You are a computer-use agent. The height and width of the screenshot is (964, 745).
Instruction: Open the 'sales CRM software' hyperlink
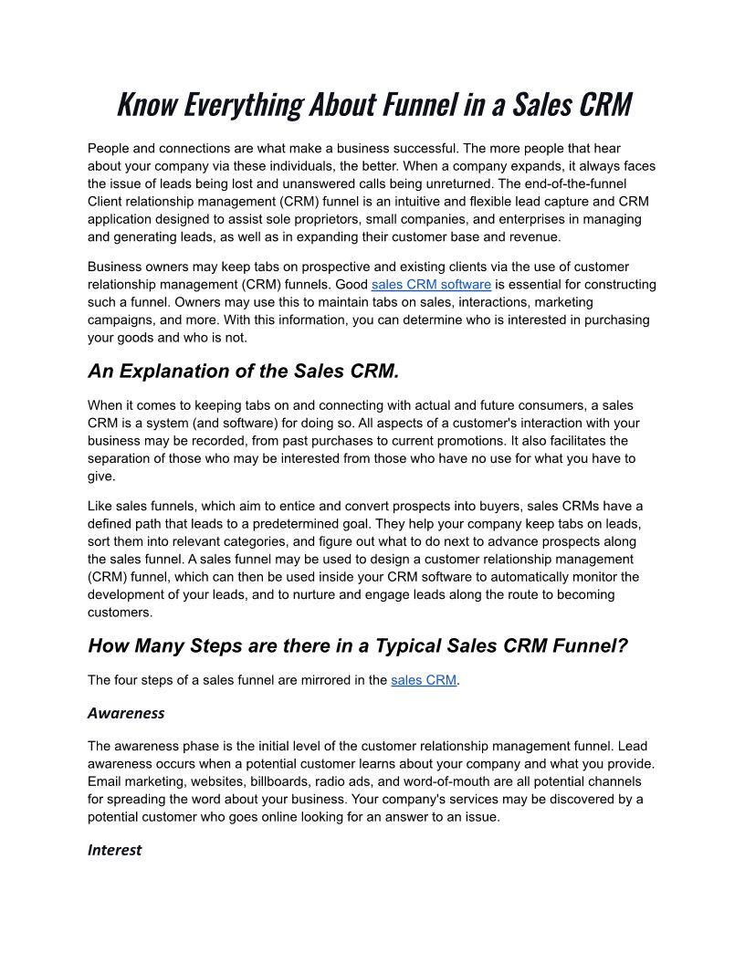pos(431,284)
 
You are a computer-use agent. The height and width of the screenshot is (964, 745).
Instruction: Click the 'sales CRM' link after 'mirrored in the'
pos(424,680)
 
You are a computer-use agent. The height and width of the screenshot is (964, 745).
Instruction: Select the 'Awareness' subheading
pos(126,712)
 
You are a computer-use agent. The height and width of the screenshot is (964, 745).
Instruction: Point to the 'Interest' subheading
pos(114,850)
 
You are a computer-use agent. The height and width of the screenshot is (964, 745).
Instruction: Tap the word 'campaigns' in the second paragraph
pos(118,319)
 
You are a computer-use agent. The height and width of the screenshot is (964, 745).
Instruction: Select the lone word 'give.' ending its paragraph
pos(102,476)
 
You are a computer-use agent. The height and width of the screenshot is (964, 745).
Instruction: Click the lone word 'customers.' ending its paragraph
pos(120,612)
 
